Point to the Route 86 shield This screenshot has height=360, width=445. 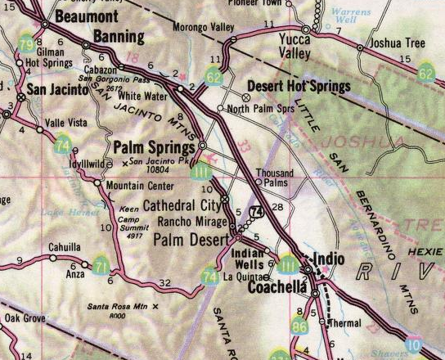click(x=299, y=329)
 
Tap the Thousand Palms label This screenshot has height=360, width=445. click(x=273, y=178)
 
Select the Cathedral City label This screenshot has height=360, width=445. click(x=182, y=205)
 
